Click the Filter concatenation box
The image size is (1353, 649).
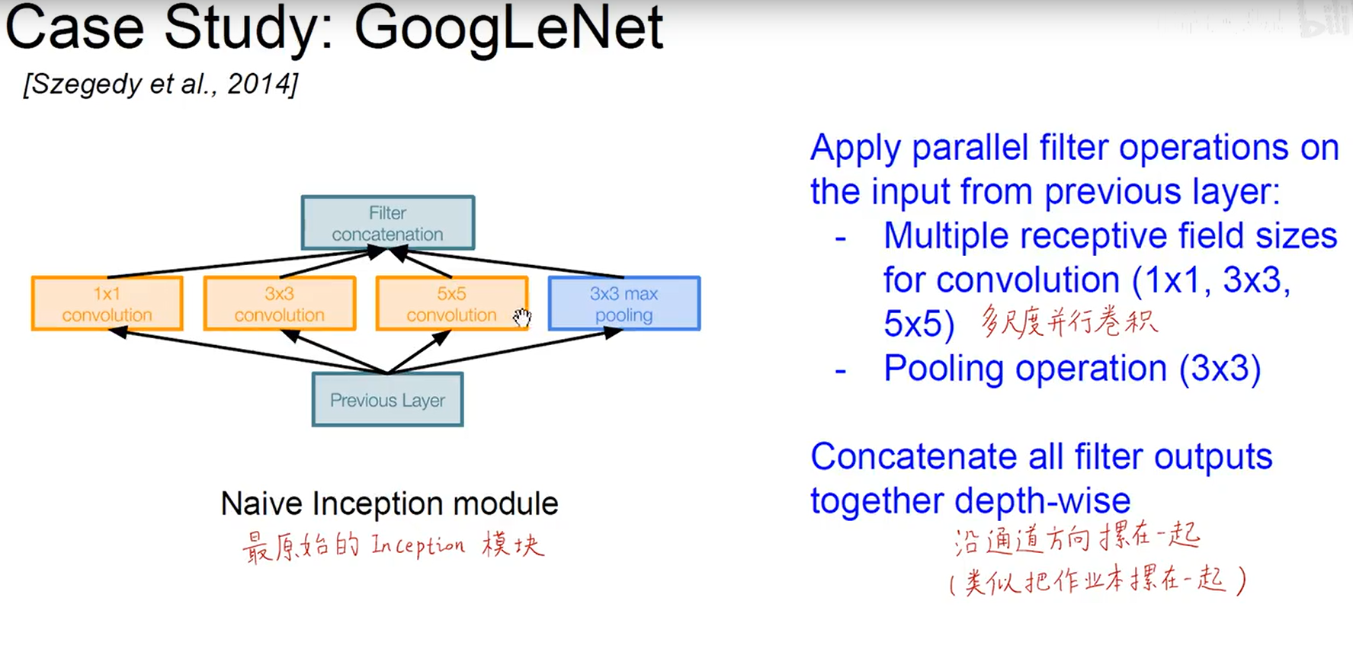(x=387, y=222)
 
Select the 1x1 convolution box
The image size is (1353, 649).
(x=107, y=303)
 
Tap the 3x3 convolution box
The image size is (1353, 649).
(x=279, y=303)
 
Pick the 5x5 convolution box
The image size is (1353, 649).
(x=451, y=303)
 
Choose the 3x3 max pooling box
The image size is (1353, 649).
(x=624, y=303)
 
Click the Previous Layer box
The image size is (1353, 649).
(x=387, y=399)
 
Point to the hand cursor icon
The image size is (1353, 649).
(x=522, y=317)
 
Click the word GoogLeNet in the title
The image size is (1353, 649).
(x=508, y=29)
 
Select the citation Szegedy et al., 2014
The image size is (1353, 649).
(x=161, y=84)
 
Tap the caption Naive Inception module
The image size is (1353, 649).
(x=389, y=504)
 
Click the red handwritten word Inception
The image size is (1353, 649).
(x=418, y=545)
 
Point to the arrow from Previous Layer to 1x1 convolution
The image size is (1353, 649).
(x=244, y=350)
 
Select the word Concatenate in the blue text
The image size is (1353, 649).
(x=913, y=457)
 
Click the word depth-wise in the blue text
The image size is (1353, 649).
(x=1043, y=501)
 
